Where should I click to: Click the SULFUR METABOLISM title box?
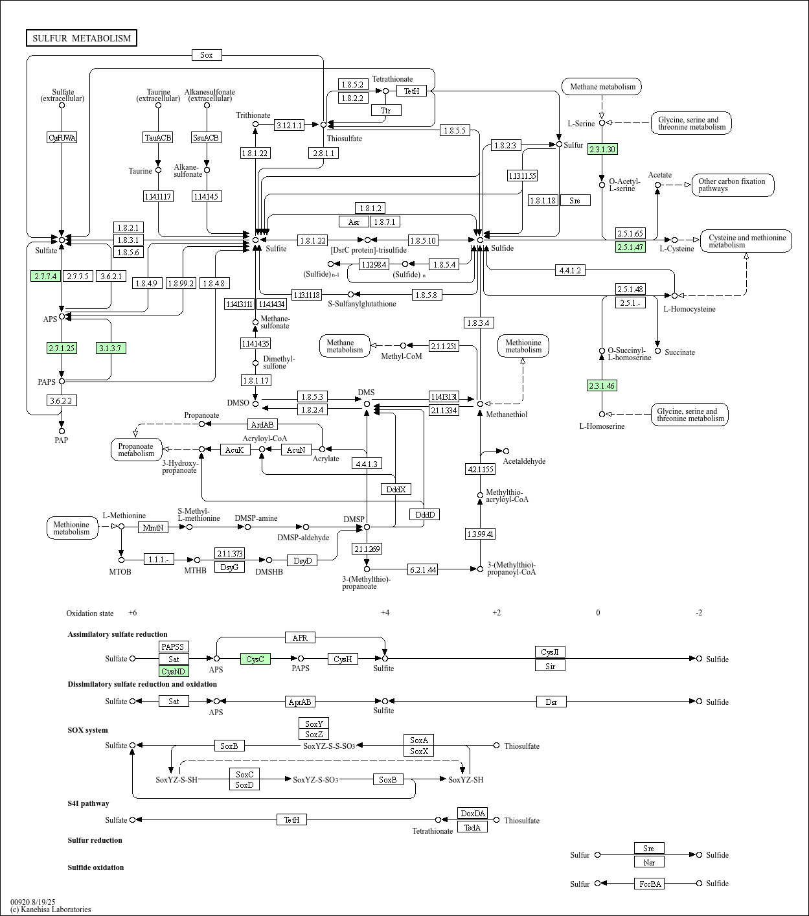point(82,38)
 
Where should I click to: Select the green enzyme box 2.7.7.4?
point(45,276)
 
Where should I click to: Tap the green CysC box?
point(255,659)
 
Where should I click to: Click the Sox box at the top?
point(207,55)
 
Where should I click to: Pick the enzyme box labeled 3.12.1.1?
point(289,125)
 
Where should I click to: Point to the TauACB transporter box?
point(158,137)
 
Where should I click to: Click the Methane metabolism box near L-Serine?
point(602,86)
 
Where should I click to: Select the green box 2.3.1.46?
point(602,385)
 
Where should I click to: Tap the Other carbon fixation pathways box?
point(733,185)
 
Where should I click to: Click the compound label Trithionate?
point(253,115)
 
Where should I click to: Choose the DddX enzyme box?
point(396,489)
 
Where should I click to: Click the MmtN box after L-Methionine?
point(154,527)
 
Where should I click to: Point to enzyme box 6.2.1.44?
point(422,569)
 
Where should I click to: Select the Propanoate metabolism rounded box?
point(136,450)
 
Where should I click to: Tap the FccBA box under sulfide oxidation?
point(649,884)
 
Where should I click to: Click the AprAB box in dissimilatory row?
point(300,702)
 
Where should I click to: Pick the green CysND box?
point(174,671)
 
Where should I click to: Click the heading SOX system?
point(87,730)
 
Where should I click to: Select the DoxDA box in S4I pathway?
point(472,814)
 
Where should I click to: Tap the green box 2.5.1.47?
point(630,247)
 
